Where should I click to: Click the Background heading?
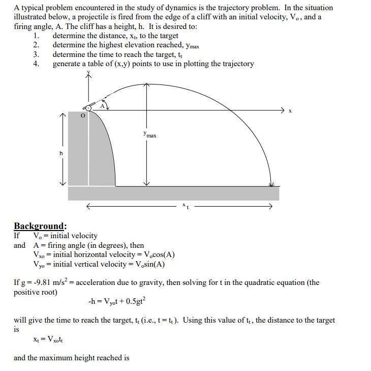pyautogui.click(x=40, y=226)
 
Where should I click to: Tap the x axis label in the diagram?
pyautogui.click(x=290, y=111)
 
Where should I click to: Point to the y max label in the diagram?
pyautogui.click(x=150, y=135)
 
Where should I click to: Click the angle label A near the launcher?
pyautogui.click(x=102, y=106)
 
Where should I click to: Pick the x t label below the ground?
pyautogui.click(x=185, y=206)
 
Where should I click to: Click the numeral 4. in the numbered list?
pyautogui.click(x=36, y=64)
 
